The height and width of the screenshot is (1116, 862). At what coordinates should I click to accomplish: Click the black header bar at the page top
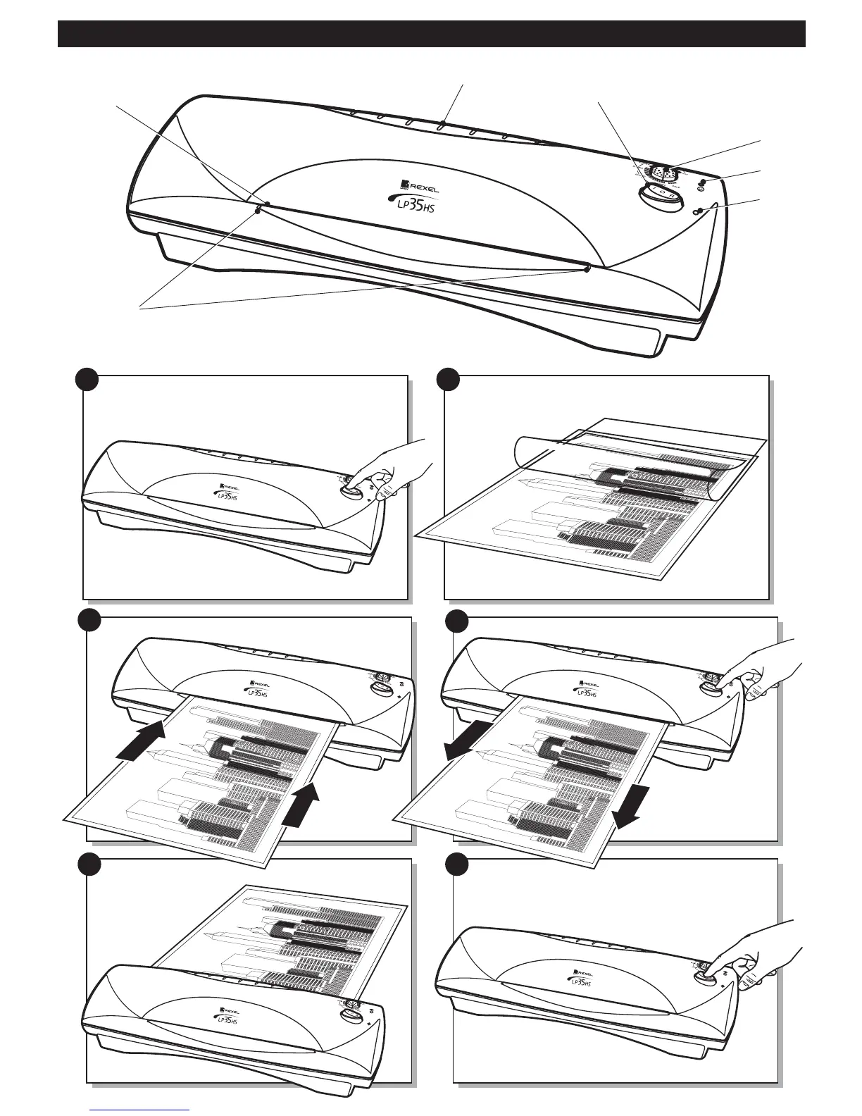click(431, 34)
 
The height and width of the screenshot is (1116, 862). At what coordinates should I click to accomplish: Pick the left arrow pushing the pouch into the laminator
click(139, 741)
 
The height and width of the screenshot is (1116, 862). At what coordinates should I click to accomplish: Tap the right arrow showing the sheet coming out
click(628, 808)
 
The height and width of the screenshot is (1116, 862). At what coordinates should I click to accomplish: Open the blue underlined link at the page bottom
click(141, 1110)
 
